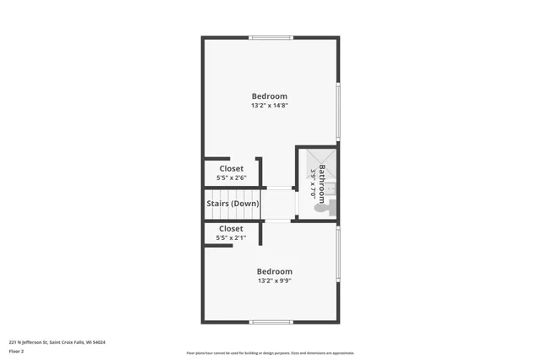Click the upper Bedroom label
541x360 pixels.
point(269,96)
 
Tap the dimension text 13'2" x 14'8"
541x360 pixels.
point(269,106)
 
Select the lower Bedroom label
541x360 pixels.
point(275,271)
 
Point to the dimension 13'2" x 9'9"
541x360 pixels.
point(275,281)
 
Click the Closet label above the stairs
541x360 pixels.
point(231,169)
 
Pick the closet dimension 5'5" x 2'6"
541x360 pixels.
point(231,178)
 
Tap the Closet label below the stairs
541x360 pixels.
point(231,228)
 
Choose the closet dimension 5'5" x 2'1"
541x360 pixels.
point(231,238)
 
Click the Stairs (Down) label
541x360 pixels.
point(233,204)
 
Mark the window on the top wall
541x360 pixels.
point(270,37)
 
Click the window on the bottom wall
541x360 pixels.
point(270,322)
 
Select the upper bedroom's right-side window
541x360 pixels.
point(338,110)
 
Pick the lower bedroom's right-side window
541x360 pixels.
point(338,254)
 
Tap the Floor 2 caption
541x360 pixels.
point(16,351)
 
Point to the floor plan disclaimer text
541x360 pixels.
point(270,353)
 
